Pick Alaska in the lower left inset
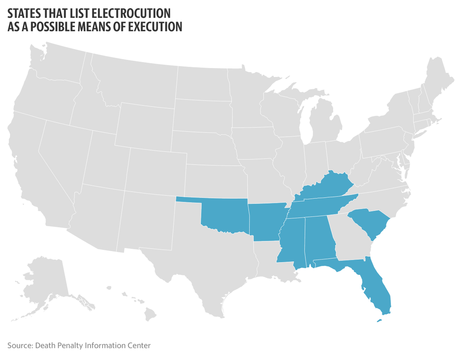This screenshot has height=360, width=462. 45,283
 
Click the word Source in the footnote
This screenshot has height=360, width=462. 19,345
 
